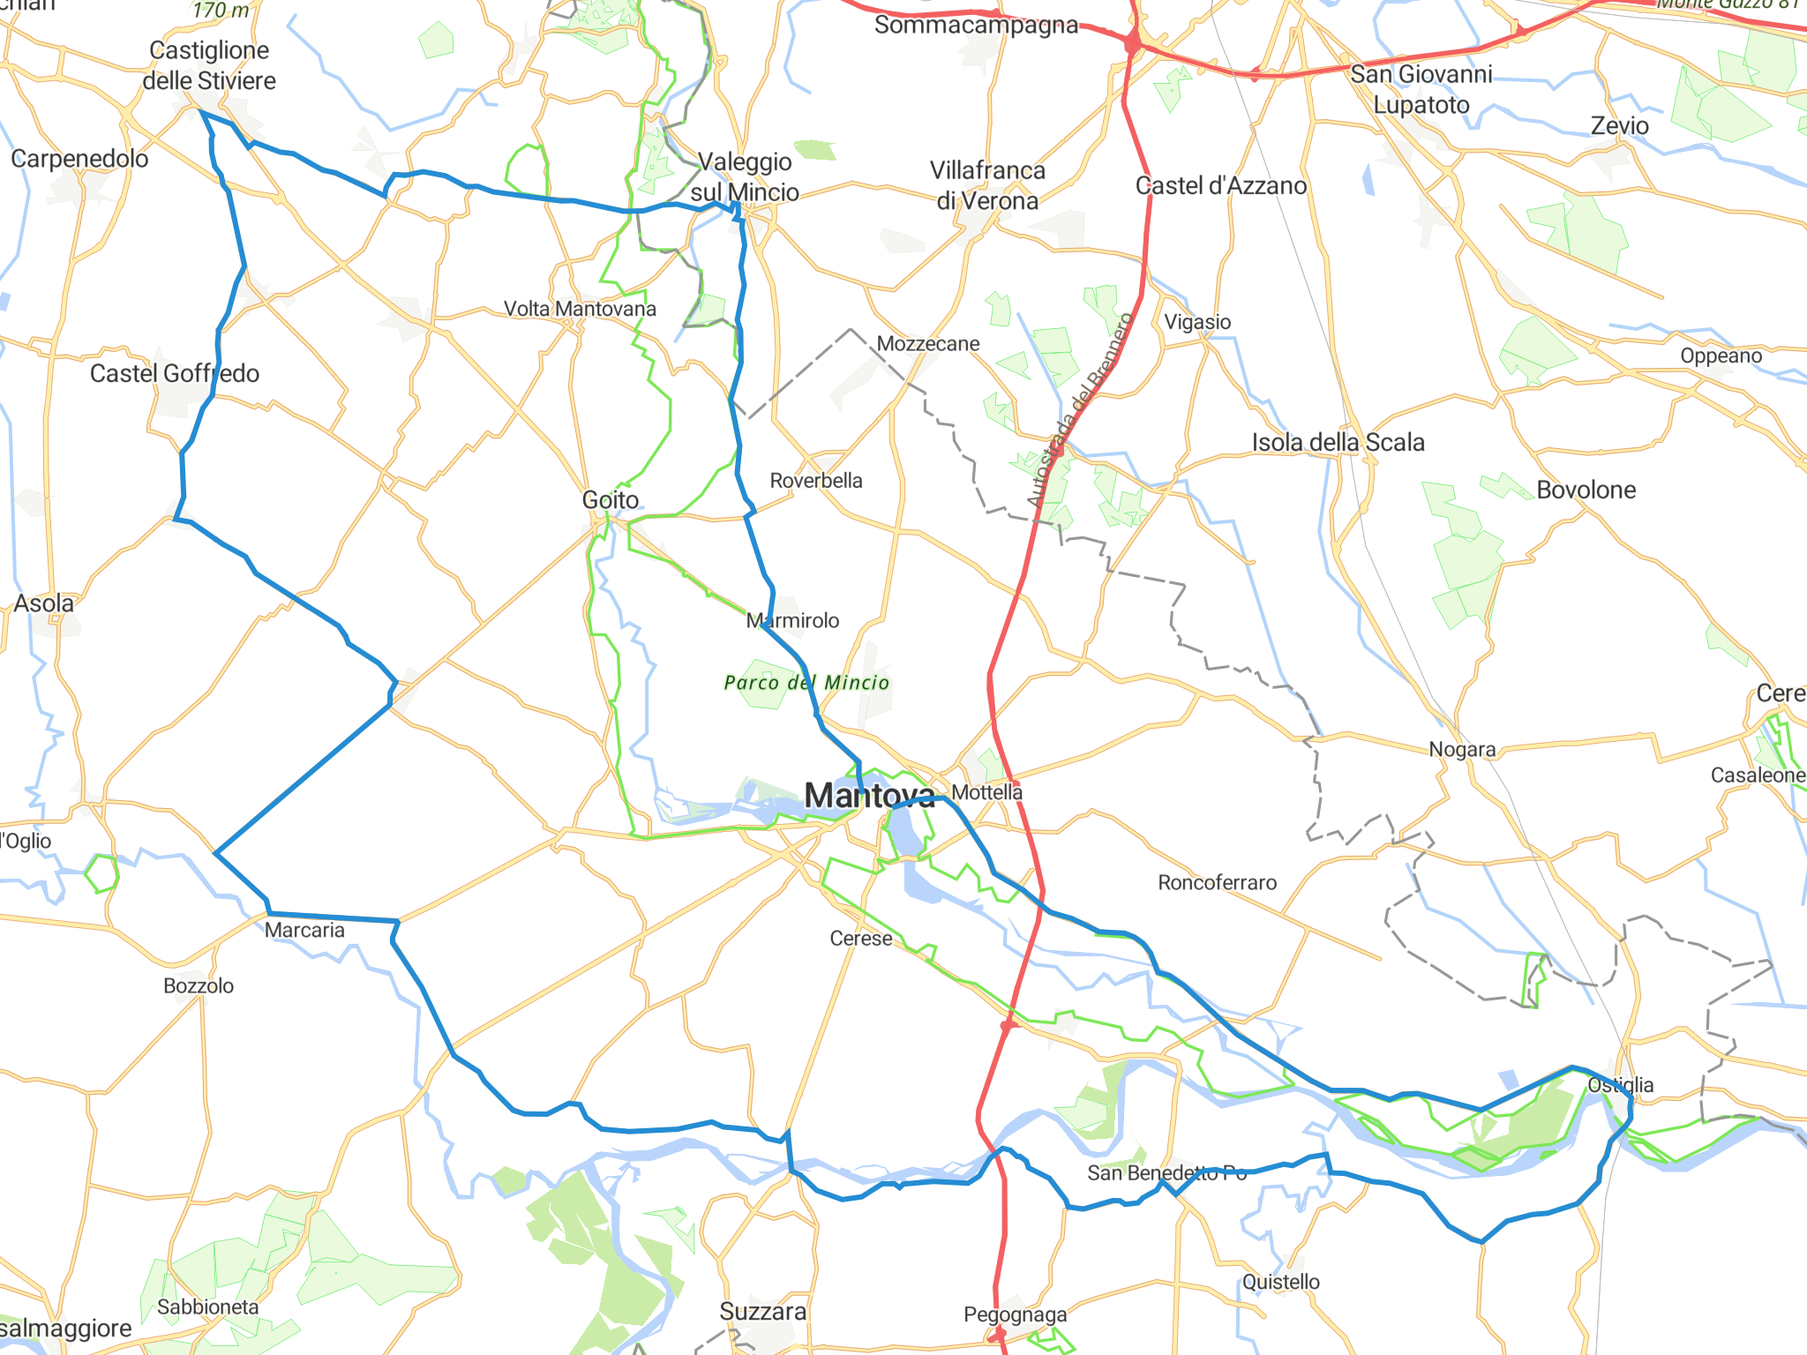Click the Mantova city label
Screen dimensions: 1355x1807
pyautogui.click(x=869, y=796)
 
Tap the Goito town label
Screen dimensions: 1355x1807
pyautogui.click(x=611, y=500)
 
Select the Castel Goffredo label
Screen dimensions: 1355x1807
pyautogui.click(x=175, y=373)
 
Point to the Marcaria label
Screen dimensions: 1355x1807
pyautogui.click(x=304, y=930)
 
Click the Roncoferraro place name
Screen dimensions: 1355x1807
pyautogui.click(x=1217, y=882)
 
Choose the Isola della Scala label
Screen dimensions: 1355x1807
pyautogui.click(x=1338, y=442)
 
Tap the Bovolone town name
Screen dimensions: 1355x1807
pyautogui.click(x=1586, y=490)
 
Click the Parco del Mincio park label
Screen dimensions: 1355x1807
pyautogui.click(x=806, y=682)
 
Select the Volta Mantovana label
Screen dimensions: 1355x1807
pyautogui.click(x=580, y=309)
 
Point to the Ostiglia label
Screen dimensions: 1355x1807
pyautogui.click(x=1620, y=1084)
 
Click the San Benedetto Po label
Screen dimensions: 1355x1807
pyautogui.click(x=1166, y=1172)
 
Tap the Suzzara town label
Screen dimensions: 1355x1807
pyautogui.click(x=763, y=1312)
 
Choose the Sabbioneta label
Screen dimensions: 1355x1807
pyautogui.click(x=208, y=1306)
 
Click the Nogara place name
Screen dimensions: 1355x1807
pyautogui.click(x=1462, y=749)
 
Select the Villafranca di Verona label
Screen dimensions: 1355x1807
pyautogui.click(x=987, y=185)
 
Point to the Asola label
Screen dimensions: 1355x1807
pyautogui.click(x=44, y=603)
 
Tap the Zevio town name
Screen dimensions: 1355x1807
pyautogui.click(x=1619, y=126)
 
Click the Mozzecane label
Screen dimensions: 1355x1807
pyautogui.click(x=928, y=343)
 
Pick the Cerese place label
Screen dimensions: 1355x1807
pyautogui.click(x=861, y=939)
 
